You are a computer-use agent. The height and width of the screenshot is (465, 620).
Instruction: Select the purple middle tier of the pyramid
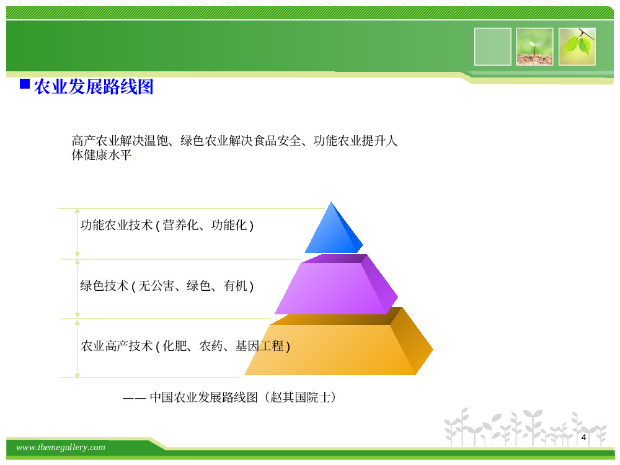pos(336,285)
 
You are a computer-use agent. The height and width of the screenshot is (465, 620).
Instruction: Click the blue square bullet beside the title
pos(25,84)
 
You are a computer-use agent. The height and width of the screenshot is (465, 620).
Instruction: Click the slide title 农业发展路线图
pos(94,87)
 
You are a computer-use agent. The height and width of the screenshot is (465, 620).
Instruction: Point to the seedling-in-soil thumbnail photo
pos(534,46)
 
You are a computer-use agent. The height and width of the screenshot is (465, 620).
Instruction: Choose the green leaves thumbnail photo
pos(577,46)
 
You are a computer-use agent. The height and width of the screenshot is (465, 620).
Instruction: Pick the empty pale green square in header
pos(493,46)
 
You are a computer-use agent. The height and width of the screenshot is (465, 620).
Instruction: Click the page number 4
pos(583,437)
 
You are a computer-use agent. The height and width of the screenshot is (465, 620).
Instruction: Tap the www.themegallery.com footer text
pos(61,447)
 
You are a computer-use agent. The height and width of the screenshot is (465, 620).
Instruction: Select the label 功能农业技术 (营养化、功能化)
pos(167,225)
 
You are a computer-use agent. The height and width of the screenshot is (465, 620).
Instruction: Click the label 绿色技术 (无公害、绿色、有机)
pos(167,285)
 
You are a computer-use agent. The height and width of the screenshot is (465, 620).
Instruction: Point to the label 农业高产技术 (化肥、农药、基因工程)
pos(185,346)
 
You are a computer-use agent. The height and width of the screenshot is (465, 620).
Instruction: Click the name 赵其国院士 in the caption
pos(300,397)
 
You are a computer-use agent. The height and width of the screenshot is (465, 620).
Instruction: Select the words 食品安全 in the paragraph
pos(277,140)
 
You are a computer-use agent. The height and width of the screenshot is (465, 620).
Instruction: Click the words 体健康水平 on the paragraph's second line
pos(101,154)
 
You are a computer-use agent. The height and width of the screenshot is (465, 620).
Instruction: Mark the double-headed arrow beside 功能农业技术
pos(77,233)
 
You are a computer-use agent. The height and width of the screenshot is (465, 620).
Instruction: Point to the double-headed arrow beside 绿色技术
pos(77,289)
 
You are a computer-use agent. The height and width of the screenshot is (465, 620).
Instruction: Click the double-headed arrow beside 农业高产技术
pos(77,348)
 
